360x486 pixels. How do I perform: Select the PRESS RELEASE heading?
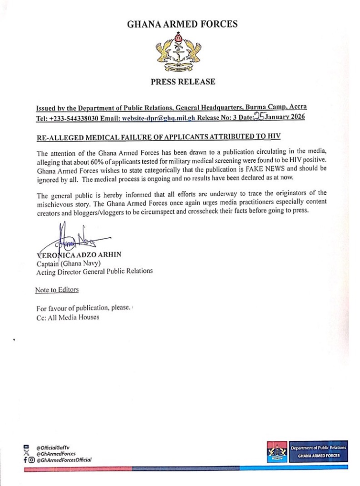(x=183, y=82)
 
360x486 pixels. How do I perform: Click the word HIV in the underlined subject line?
(x=274, y=137)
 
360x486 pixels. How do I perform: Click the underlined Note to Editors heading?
(x=57, y=289)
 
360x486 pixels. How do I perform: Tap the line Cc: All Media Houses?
(x=68, y=317)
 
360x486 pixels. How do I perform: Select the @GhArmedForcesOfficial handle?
(x=64, y=459)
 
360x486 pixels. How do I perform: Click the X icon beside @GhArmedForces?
(x=27, y=453)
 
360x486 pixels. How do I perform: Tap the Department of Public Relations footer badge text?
(x=318, y=448)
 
